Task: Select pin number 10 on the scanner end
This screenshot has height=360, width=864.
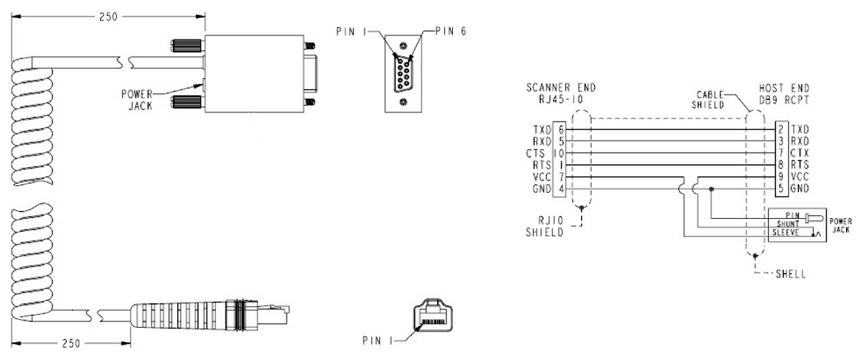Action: click(x=559, y=153)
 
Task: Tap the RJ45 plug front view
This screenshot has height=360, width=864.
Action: click(x=431, y=317)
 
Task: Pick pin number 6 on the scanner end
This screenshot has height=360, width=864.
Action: click(x=560, y=128)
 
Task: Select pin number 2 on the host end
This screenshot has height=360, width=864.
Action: click(x=780, y=128)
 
